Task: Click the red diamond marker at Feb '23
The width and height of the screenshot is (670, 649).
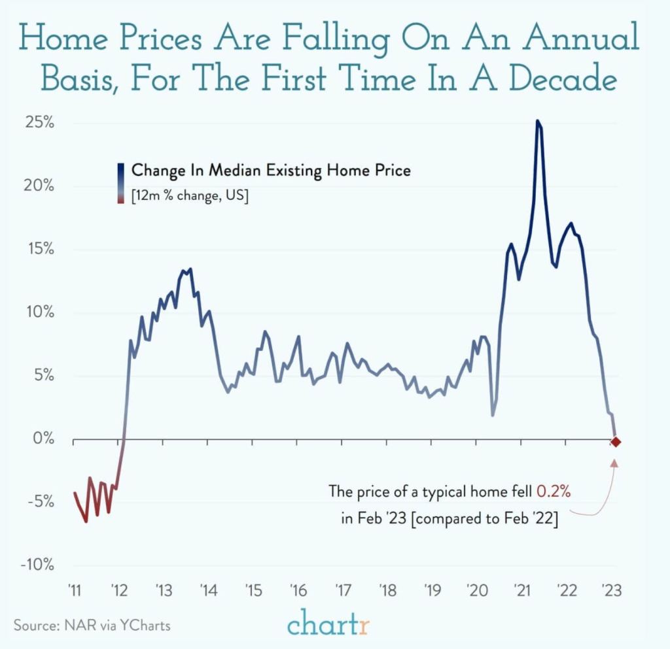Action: click(616, 442)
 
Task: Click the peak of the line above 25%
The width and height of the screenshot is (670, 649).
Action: click(537, 121)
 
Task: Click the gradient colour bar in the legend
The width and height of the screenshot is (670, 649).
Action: click(122, 184)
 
